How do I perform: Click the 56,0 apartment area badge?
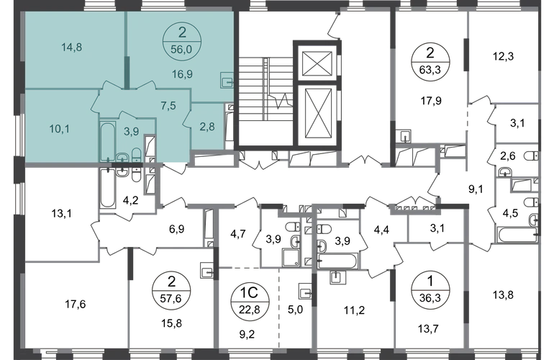click(181, 41)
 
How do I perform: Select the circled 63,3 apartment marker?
click(430, 61)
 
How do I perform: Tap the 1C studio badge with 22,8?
click(250, 300)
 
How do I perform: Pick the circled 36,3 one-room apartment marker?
click(430, 290)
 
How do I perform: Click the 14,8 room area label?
click(72, 47)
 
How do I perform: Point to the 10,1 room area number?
click(59, 129)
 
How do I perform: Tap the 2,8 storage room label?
click(207, 126)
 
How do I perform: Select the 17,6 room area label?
click(76, 304)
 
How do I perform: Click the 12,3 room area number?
click(503, 56)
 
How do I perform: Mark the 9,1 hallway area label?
click(476, 189)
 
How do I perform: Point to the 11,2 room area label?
click(355, 310)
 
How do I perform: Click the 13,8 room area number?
click(503, 294)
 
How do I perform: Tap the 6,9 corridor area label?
click(177, 229)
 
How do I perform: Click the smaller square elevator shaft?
click(317, 63)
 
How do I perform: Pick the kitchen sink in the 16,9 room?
click(227, 80)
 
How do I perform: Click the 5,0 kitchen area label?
click(296, 310)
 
